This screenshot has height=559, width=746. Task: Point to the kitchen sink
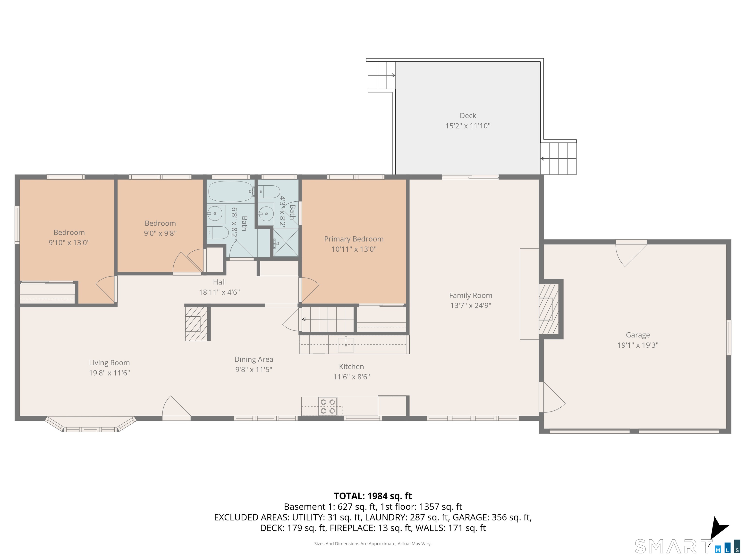pyautogui.click(x=346, y=344)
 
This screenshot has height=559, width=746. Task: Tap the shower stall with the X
pyautogui.click(x=286, y=243)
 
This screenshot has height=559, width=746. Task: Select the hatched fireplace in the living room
pyautogui.click(x=196, y=323)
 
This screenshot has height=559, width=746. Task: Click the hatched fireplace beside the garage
pyautogui.click(x=549, y=309)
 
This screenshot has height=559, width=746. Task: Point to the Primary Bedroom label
pyautogui.click(x=354, y=239)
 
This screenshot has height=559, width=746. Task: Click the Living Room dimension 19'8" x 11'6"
pyautogui.click(x=109, y=373)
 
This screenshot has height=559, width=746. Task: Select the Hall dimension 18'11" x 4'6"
pyautogui.click(x=219, y=292)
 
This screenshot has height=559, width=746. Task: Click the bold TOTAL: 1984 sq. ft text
pyautogui.click(x=373, y=496)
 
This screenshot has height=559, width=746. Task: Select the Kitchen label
pyautogui.click(x=351, y=367)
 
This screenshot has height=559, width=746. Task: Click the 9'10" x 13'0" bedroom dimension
pyautogui.click(x=69, y=243)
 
